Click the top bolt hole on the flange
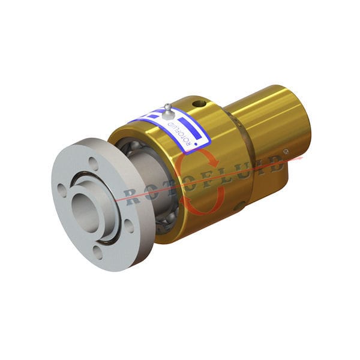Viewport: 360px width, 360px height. [92, 161]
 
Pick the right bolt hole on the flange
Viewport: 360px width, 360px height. [128, 225]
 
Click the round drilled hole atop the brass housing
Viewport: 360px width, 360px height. [199, 104]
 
